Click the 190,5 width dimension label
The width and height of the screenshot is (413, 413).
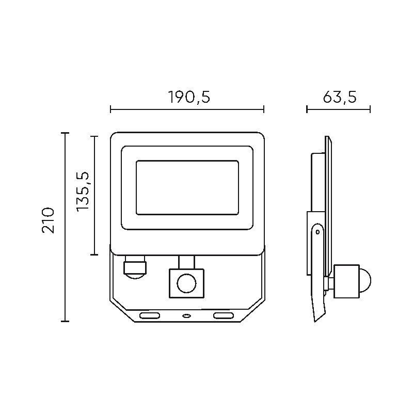(x=189, y=97)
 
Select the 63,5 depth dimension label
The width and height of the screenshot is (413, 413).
(x=340, y=97)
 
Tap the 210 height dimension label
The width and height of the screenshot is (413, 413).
(x=48, y=220)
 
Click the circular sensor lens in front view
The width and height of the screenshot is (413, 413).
(x=186, y=283)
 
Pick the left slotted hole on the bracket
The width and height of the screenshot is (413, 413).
(x=149, y=315)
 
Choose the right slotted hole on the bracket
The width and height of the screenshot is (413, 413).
(x=224, y=315)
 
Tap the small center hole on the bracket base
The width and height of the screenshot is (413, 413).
(x=186, y=315)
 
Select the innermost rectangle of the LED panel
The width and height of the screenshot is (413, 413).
(x=187, y=187)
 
